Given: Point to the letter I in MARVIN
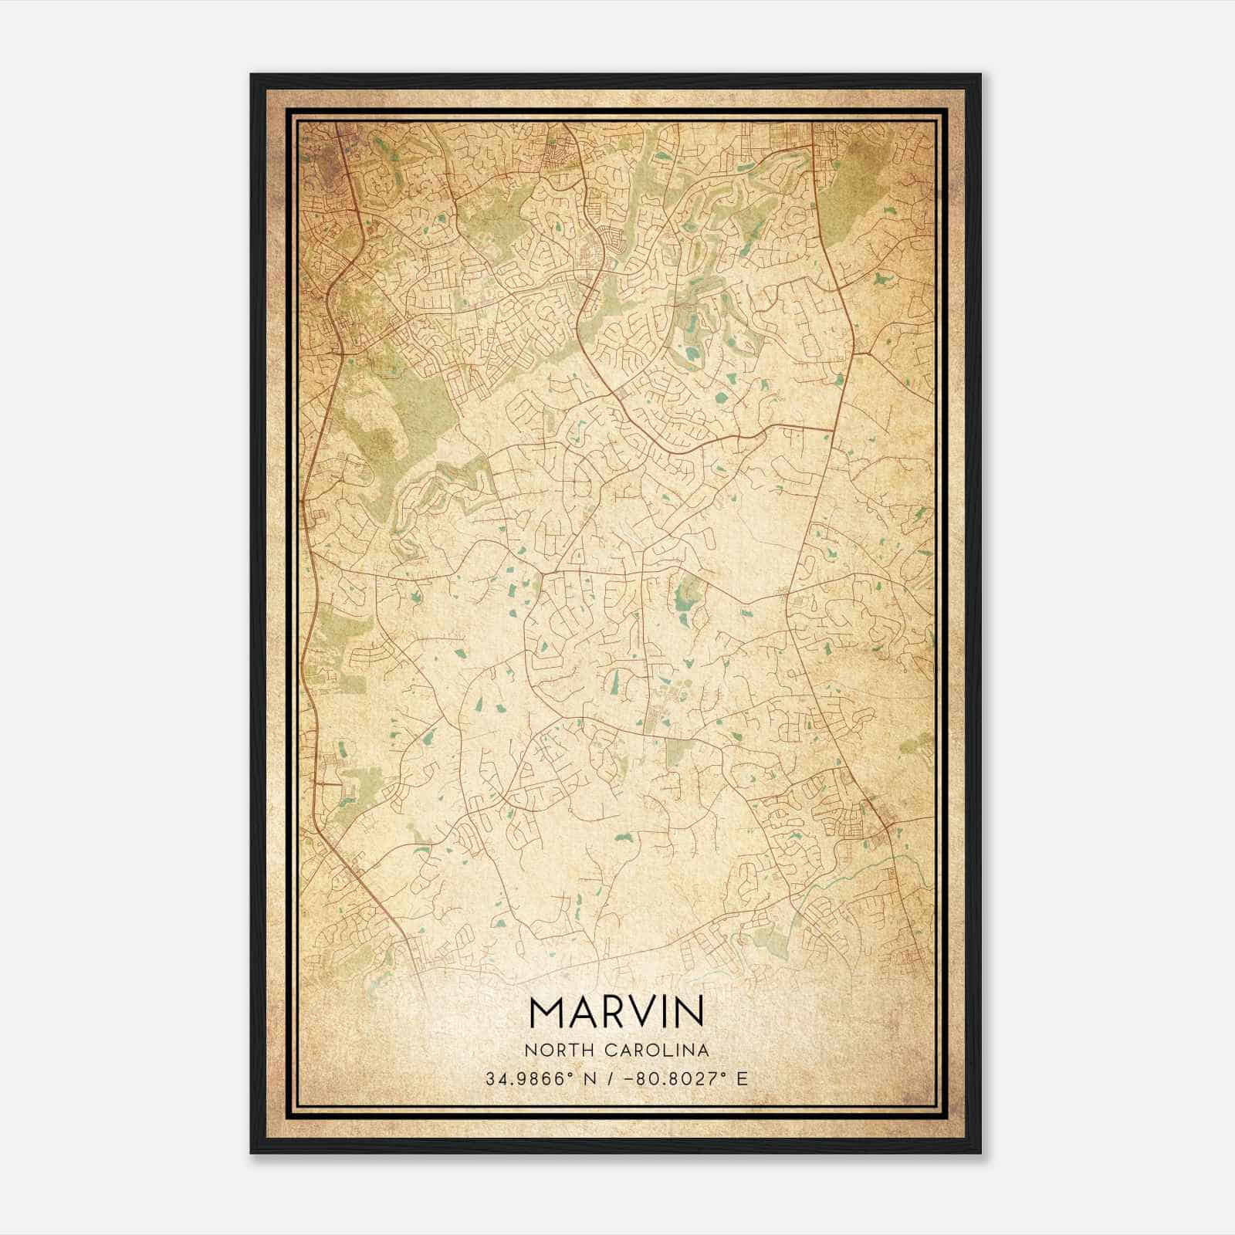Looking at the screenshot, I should point(668,1013).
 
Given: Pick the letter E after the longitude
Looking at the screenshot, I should point(743,1078).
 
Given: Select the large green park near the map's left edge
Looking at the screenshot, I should point(386,432).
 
